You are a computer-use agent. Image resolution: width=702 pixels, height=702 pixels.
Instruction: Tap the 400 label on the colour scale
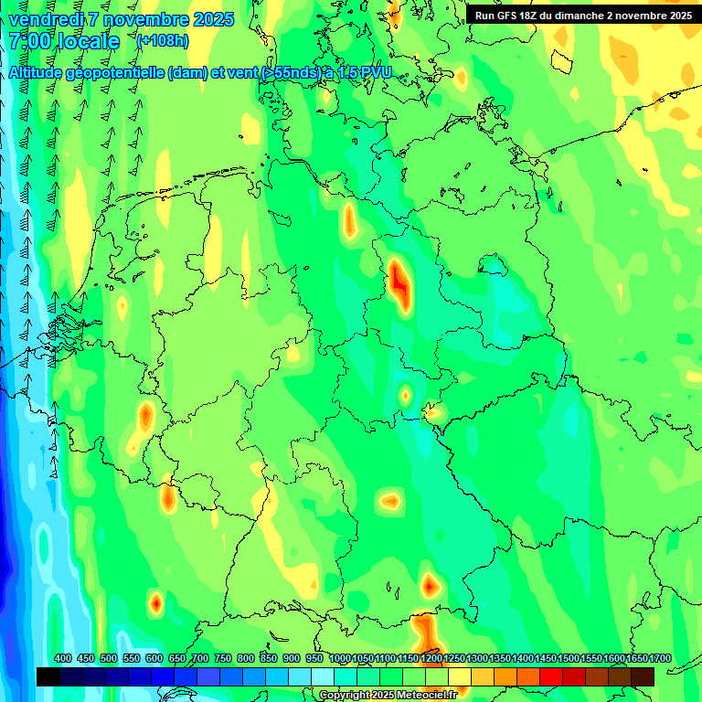tap(63, 658)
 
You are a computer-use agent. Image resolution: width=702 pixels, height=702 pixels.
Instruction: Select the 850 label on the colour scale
tap(269, 658)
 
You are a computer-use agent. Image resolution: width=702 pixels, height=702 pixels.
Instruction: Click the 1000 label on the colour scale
tap(340, 658)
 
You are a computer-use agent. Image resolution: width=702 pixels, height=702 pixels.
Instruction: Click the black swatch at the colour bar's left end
tap(48, 676)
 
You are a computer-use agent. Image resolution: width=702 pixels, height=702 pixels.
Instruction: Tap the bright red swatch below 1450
tap(551, 676)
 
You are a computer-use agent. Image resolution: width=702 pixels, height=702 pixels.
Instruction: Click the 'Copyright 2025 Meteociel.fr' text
tap(388, 695)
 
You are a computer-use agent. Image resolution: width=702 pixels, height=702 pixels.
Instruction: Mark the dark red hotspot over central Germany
tap(399, 282)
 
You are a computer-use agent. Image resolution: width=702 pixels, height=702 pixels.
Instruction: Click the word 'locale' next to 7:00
tap(89, 41)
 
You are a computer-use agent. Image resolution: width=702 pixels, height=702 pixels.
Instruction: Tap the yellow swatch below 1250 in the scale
tap(460, 676)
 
